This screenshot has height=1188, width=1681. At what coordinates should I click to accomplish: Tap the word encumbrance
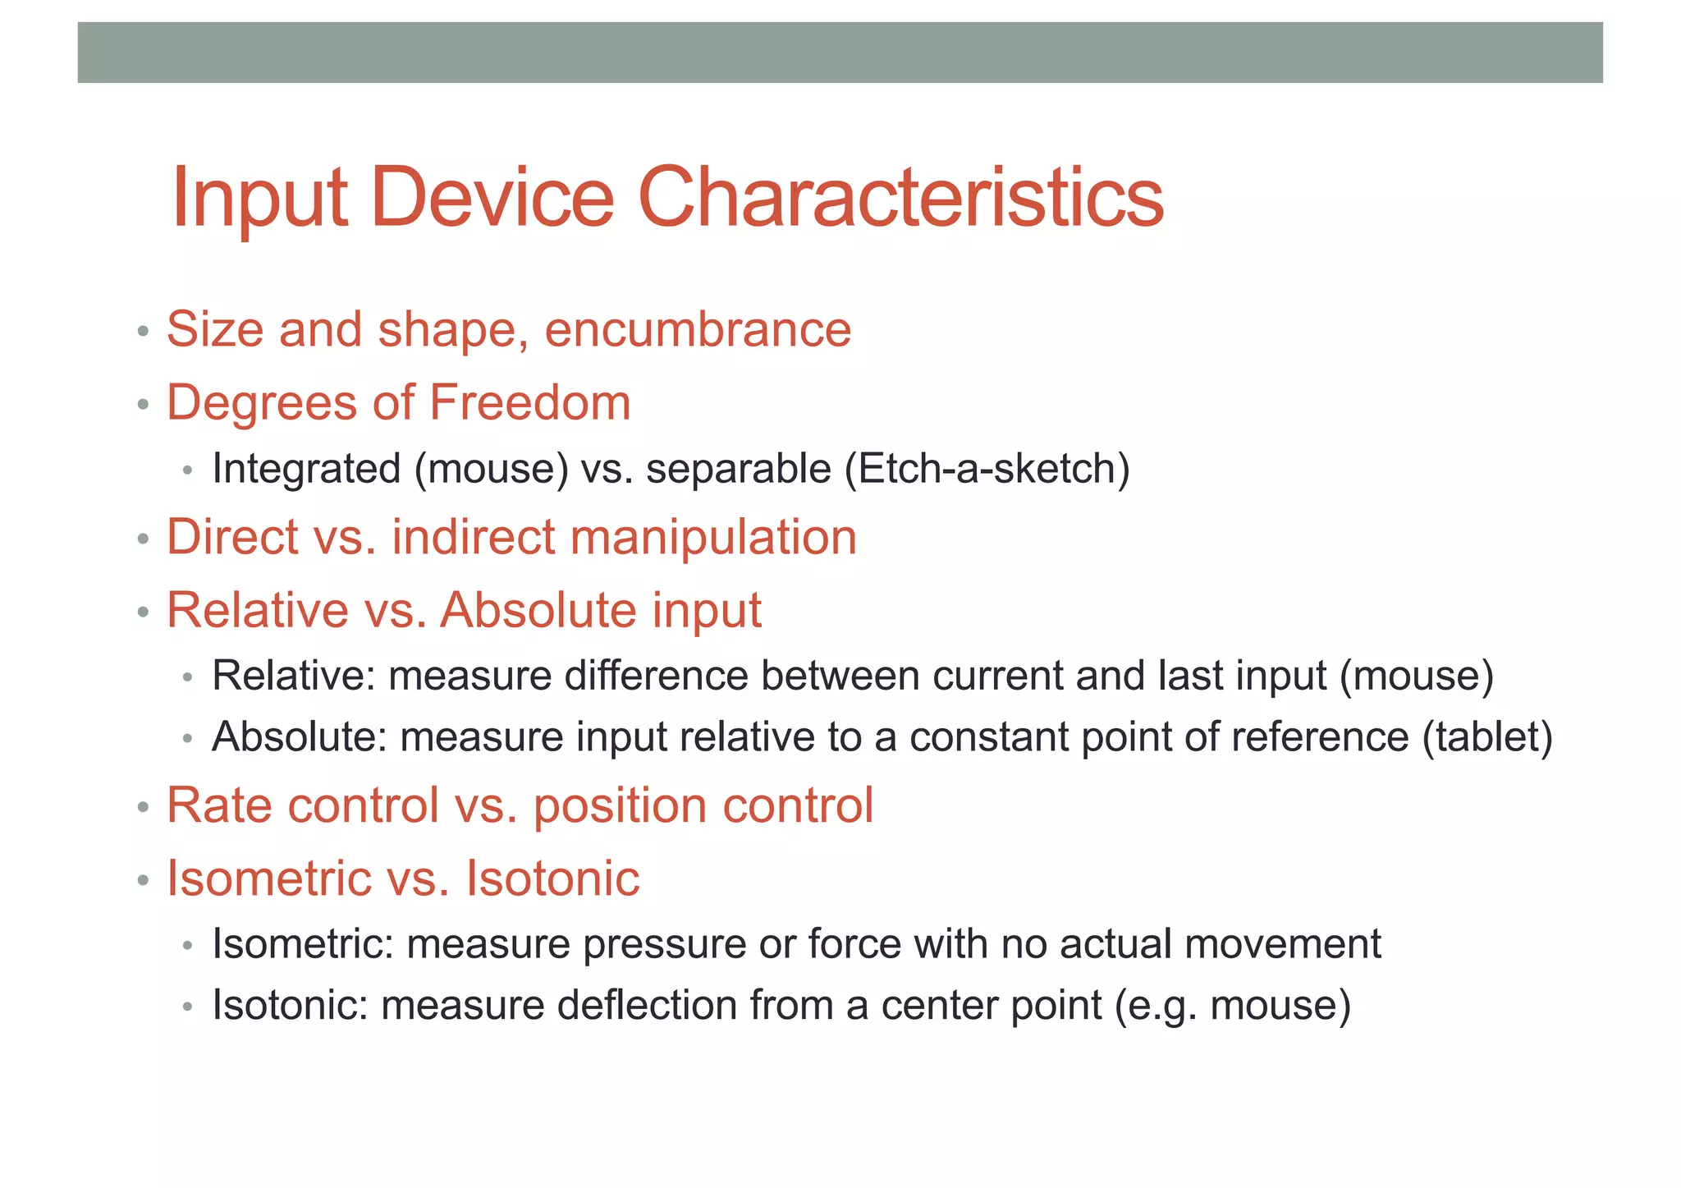pyautogui.click(x=698, y=330)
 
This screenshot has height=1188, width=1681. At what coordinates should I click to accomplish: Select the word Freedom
pyautogui.click(x=529, y=402)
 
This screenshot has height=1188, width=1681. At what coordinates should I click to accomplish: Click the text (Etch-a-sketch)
pyautogui.click(x=987, y=469)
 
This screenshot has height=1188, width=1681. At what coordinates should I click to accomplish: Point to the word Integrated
pyautogui.click(x=306, y=469)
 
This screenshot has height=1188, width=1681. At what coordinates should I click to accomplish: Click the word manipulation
pyautogui.click(x=712, y=537)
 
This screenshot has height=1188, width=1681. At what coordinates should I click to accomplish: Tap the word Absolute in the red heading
pyautogui.click(x=538, y=610)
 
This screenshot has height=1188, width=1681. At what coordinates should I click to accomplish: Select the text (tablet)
pyautogui.click(x=1487, y=736)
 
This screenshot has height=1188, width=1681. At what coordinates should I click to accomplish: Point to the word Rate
pyautogui.click(x=219, y=805)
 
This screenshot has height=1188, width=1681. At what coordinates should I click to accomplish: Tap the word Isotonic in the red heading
pyautogui.click(x=552, y=878)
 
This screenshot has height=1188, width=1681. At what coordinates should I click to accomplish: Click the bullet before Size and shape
pyautogui.click(x=144, y=333)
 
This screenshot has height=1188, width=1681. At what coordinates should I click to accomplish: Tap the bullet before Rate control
pyautogui.click(x=144, y=808)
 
